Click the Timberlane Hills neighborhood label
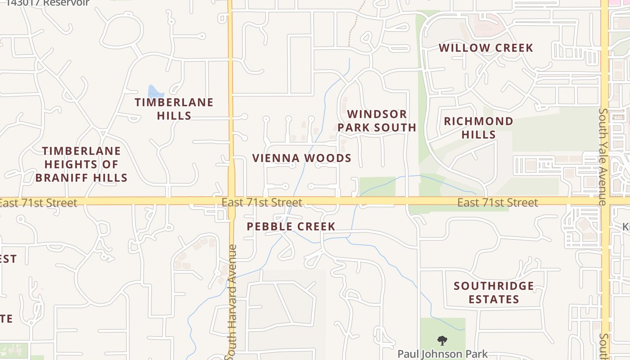pos(174,109)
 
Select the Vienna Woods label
pos(301,158)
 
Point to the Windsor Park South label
pos(377,121)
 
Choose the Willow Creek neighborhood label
pos(486,48)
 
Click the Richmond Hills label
pos(478,128)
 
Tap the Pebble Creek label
pos(291,226)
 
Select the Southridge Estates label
pos(494,292)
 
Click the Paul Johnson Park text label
pos(442,354)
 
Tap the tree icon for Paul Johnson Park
pos(442,341)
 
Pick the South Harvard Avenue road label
pos(232,301)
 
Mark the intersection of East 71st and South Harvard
pos(231,201)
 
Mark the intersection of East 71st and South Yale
pos(604,201)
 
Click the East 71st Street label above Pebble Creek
pos(261,202)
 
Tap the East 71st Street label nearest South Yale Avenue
pos(497,202)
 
